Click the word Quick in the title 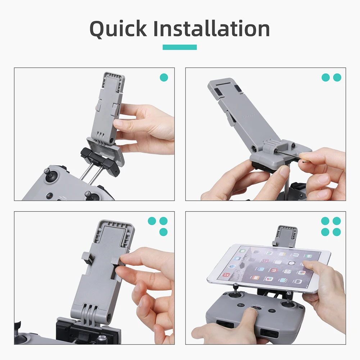tap(118, 29)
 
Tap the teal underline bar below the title tap(179, 47)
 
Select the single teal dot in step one tap(164, 78)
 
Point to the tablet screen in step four tap(269, 266)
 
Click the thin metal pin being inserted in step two tap(289, 155)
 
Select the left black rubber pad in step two tap(219, 91)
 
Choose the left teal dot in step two tap(325, 78)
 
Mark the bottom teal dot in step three tap(164, 232)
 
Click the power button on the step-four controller tap(272, 311)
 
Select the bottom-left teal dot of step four tap(325, 232)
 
